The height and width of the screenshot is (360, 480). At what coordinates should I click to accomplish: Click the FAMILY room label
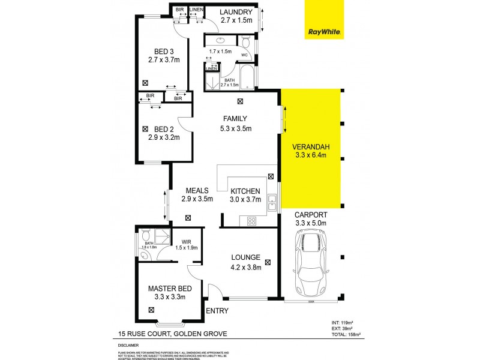tap(235, 118)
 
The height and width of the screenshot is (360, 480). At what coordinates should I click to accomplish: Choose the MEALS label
tap(197, 191)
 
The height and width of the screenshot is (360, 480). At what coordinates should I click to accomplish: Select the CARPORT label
tap(311, 214)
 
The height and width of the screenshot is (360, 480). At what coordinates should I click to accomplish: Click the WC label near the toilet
tap(244, 55)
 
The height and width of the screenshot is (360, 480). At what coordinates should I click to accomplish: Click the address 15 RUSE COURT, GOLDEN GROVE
tap(172, 333)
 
